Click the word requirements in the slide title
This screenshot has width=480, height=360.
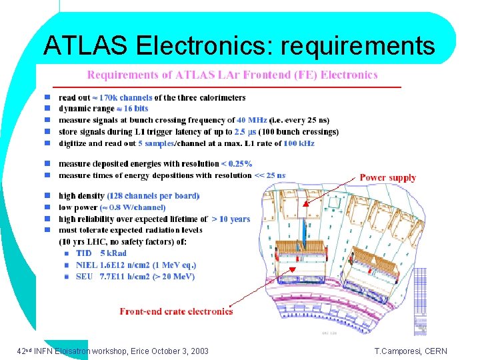[358, 46]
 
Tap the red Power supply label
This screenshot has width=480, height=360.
[387, 177]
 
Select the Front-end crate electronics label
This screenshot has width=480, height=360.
[176, 311]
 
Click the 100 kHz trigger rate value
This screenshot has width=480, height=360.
[299, 143]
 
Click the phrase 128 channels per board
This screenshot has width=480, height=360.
[153, 195]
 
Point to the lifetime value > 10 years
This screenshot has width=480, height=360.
[231, 219]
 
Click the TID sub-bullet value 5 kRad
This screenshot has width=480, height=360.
[113, 253]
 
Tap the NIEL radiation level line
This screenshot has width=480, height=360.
[137, 265]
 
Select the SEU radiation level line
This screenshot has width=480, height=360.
[135, 276]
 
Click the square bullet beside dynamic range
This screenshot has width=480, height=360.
[47, 109]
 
